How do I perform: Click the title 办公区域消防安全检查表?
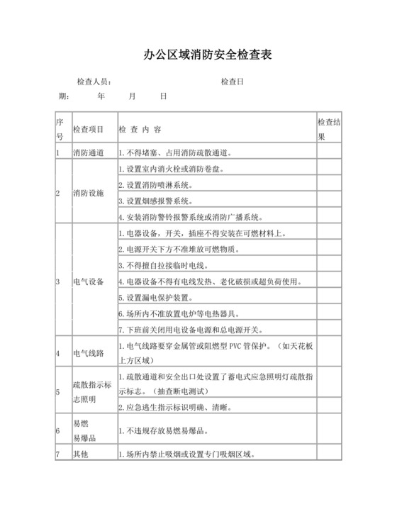point(198,55)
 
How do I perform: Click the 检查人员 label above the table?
point(94,82)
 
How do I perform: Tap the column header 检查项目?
point(89,130)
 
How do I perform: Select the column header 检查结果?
point(330,128)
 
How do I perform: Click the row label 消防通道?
point(89,152)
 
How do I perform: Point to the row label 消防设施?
point(89,193)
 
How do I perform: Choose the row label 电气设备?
point(89,281)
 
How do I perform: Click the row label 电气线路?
point(89,352)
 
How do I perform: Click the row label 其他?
point(80,454)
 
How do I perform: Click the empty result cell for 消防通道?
point(330,152)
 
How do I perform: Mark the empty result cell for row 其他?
point(330,454)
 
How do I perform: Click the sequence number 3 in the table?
point(58,281)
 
